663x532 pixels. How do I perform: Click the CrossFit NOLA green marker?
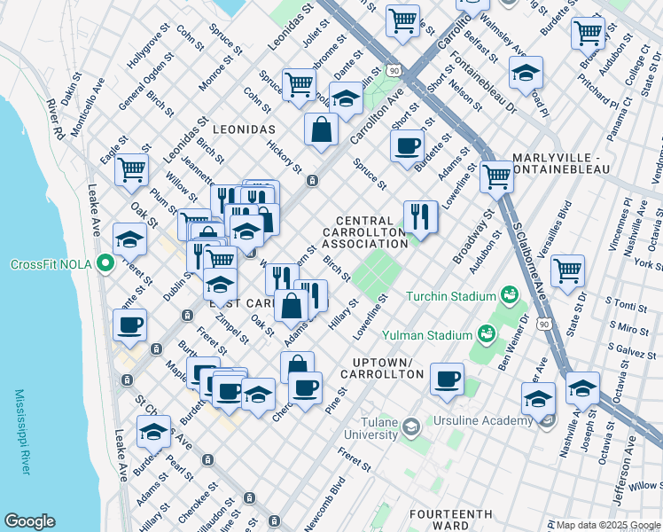[105, 264]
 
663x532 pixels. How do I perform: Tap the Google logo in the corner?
[29, 521]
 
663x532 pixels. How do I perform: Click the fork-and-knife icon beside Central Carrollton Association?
[420, 215]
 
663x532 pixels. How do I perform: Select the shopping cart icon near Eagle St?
[132, 168]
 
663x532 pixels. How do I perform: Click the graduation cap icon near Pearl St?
[153, 432]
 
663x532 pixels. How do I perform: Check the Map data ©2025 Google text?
[603, 524]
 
